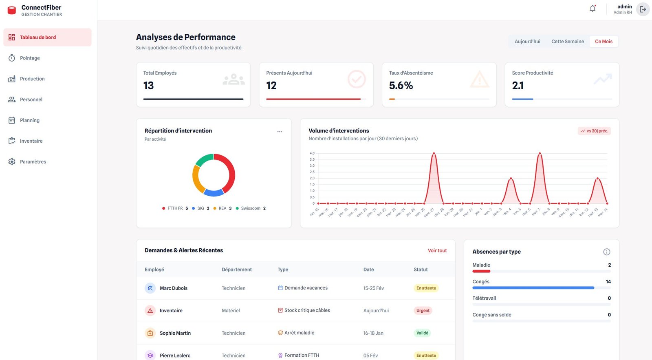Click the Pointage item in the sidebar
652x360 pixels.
point(30,58)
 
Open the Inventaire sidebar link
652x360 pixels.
point(31,141)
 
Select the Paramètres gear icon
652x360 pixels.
point(12,162)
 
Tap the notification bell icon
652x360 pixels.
point(593,9)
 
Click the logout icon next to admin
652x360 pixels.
point(643,9)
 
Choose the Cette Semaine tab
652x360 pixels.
point(567,42)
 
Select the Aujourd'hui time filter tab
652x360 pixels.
point(527,42)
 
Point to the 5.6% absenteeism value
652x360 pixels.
point(401,86)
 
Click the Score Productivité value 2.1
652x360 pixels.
point(518,86)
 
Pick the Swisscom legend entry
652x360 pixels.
point(250,208)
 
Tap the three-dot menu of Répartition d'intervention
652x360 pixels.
point(280,132)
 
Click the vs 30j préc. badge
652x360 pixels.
point(594,131)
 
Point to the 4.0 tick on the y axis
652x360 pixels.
point(312,153)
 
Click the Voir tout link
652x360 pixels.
point(437,251)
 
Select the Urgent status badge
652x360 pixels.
point(423,311)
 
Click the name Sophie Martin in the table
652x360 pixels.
point(175,333)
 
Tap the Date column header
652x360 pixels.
point(368,269)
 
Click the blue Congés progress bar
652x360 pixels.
point(533,288)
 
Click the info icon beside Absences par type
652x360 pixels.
point(606,252)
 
